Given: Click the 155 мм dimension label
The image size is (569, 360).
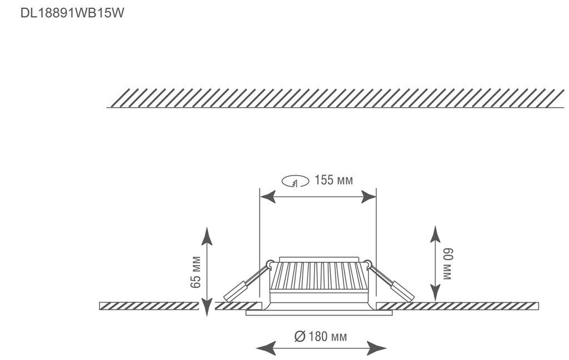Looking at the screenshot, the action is pos(333,180).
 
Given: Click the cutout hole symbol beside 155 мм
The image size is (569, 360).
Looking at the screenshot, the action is pos(295,181).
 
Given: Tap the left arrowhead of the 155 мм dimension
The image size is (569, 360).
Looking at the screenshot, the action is pos(268,197).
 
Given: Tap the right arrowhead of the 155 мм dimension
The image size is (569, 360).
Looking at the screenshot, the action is pos(368,197).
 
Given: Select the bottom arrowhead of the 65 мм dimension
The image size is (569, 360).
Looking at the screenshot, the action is pos(207,308).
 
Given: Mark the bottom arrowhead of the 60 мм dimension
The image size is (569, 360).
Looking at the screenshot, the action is pos(436,294).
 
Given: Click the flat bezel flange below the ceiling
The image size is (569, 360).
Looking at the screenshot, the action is pos(319,313).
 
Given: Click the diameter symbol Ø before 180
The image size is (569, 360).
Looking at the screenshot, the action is pos(299,336).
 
